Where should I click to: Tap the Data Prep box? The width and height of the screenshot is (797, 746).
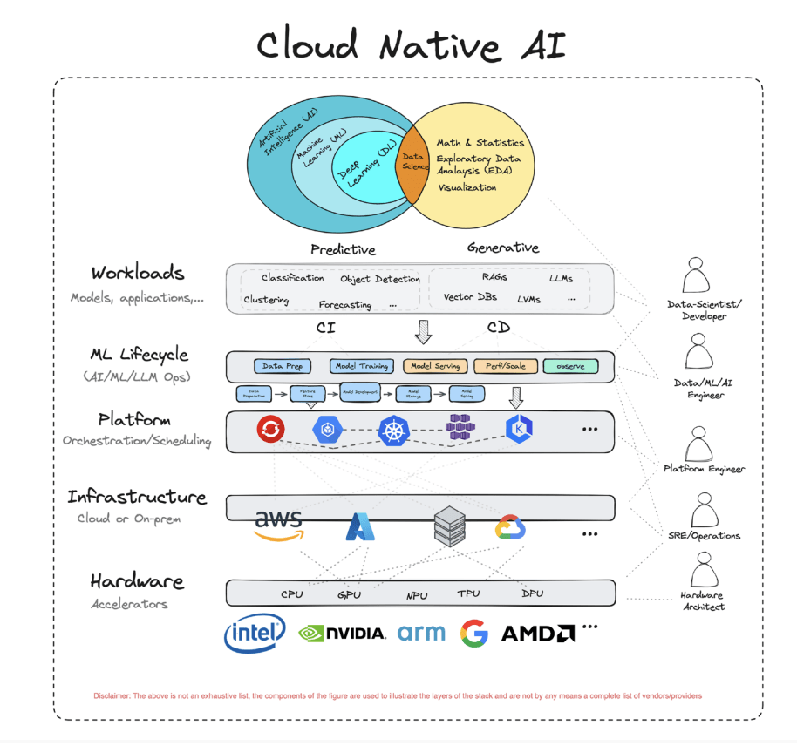point(283,366)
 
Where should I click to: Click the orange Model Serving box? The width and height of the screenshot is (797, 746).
point(435,366)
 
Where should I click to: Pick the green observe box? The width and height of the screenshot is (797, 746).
point(570,366)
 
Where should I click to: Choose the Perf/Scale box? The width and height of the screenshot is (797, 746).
point(505,366)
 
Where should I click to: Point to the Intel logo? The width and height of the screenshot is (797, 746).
point(255,634)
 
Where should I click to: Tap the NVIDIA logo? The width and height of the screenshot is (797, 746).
point(342,634)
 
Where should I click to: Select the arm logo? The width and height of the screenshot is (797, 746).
point(421,633)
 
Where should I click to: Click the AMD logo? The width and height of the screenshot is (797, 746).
point(537,634)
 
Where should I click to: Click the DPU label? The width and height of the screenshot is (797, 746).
point(532,593)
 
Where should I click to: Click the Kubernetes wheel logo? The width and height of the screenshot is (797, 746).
point(393,430)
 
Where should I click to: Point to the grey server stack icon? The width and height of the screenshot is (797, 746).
point(451,526)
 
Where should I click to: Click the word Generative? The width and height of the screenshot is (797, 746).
point(502,248)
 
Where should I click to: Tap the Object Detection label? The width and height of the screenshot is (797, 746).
point(379,279)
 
